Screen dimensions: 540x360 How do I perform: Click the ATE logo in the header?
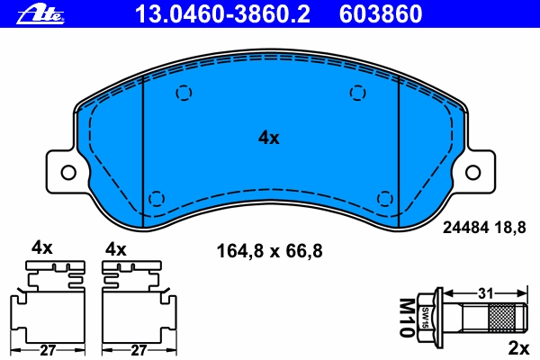point(40,15)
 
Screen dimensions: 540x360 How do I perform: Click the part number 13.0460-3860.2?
point(222,14)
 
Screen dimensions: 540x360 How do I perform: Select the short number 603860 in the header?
point(381,14)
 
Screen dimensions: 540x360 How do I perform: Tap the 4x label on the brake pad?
point(269,138)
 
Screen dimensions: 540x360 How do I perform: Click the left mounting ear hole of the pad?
point(68,172)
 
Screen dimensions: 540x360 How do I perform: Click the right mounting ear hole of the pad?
point(472,172)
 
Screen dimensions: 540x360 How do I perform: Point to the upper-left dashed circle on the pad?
point(184,93)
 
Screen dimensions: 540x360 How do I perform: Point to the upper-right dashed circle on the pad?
point(358,93)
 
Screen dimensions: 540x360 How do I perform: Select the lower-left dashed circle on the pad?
point(157,198)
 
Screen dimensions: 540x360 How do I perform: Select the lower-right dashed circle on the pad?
point(385,198)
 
